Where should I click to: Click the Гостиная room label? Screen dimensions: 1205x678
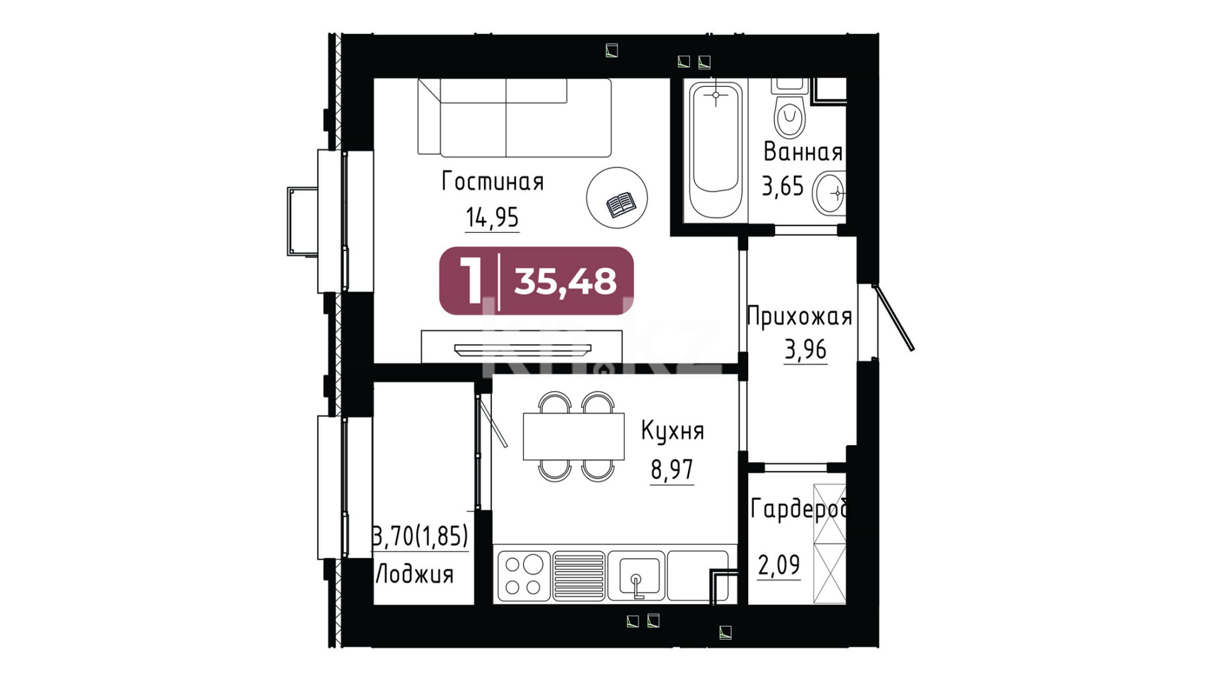click(x=493, y=181)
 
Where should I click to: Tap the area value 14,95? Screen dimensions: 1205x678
click(x=492, y=218)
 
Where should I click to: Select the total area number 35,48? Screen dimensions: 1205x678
click(x=565, y=281)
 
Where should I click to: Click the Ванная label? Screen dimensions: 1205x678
click(x=803, y=152)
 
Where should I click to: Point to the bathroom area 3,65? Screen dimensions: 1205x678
click(x=783, y=186)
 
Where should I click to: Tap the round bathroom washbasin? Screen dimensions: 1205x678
click(x=829, y=193)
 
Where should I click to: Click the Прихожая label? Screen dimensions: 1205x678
click(x=800, y=316)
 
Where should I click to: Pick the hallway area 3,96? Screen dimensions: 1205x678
click(x=805, y=350)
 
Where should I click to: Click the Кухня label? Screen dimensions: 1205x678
click(x=672, y=431)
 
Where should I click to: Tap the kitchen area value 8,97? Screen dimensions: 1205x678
click(x=672, y=470)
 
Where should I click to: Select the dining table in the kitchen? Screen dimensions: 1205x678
click(x=574, y=436)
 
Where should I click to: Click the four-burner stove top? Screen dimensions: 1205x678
click(x=523, y=574)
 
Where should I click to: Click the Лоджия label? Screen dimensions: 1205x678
click(x=414, y=574)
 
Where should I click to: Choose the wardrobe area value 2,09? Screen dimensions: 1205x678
click(x=779, y=566)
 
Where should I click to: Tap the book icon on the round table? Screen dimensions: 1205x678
click(x=621, y=205)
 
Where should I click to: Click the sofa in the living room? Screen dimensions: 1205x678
click(x=515, y=117)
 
